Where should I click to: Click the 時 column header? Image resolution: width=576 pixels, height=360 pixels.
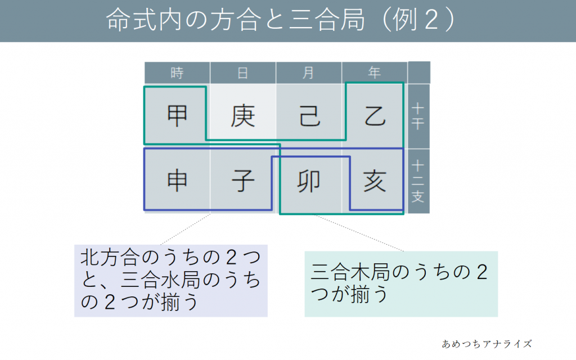(x=177, y=73)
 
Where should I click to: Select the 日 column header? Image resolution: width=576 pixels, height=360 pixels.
(x=243, y=73)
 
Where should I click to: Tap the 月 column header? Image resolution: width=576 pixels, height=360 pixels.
(x=309, y=73)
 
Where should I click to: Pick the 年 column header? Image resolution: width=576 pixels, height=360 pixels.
(x=375, y=73)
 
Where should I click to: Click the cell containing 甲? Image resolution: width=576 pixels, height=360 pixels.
(x=177, y=116)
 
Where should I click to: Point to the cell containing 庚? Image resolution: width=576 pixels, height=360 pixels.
(x=243, y=116)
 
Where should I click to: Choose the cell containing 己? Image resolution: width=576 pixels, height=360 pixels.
(x=309, y=116)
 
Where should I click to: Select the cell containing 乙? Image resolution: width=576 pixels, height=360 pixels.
(x=375, y=116)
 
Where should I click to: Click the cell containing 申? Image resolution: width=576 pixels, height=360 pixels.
(x=177, y=181)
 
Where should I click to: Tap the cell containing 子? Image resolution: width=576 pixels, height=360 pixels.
(x=243, y=181)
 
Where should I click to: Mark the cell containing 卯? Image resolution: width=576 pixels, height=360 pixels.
(x=309, y=181)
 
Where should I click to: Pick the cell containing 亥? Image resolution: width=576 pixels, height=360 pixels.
(x=375, y=181)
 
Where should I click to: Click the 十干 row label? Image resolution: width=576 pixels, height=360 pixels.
(x=418, y=116)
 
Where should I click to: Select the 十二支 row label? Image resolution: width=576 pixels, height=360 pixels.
(x=418, y=181)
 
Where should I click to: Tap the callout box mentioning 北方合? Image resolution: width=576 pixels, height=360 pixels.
(x=171, y=280)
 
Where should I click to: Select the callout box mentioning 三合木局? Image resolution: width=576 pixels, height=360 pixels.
(x=400, y=283)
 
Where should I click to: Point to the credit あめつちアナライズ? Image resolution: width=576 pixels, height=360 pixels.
(x=487, y=343)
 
